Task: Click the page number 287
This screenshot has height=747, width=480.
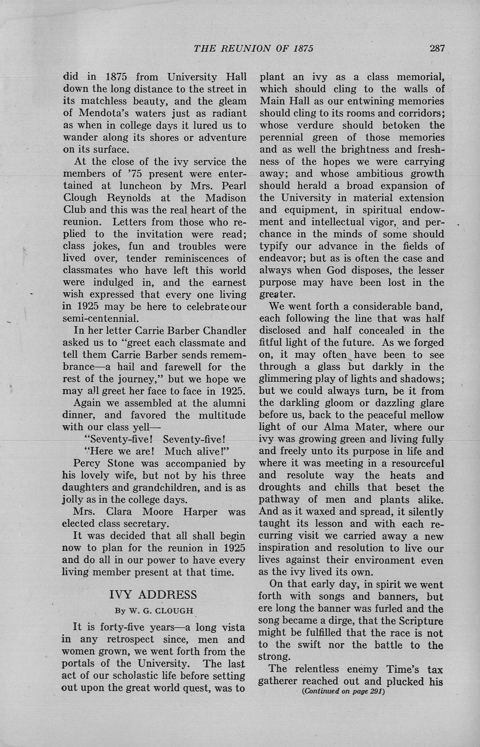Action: tap(437, 48)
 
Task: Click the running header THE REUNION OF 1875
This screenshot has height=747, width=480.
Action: tap(253, 48)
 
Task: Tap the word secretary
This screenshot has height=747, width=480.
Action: tap(146, 524)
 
